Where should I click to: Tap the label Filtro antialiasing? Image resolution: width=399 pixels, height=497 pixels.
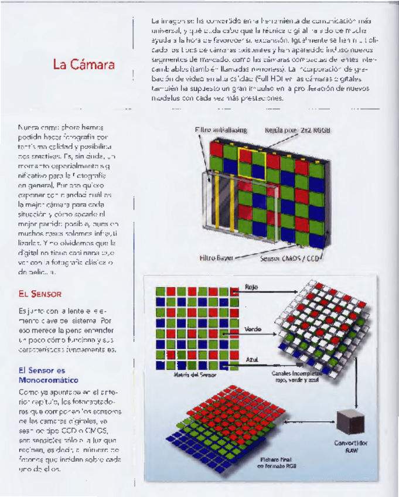[220, 130]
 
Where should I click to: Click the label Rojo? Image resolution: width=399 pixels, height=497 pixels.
[251, 288]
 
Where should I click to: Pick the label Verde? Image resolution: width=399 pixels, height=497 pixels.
[253, 330]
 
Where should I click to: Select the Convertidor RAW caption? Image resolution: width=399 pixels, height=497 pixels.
[352, 447]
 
